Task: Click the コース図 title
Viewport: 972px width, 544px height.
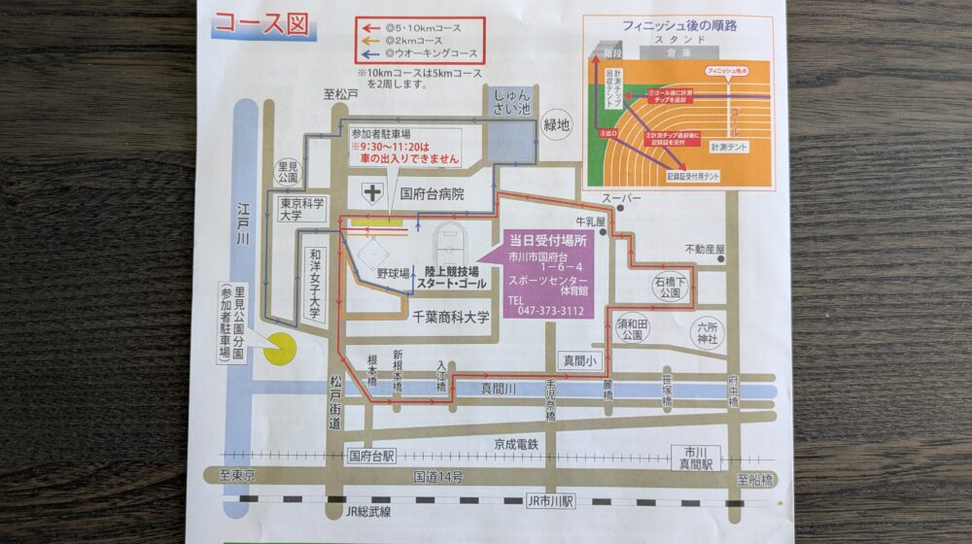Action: (x=260, y=23)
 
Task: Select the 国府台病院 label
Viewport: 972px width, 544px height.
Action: (x=433, y=193)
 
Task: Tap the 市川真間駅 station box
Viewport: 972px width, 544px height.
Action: (x=694, y=457)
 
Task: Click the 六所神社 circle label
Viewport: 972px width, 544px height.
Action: (x=706, y=332)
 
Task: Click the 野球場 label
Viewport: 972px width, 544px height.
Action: (x=393, y=273)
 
